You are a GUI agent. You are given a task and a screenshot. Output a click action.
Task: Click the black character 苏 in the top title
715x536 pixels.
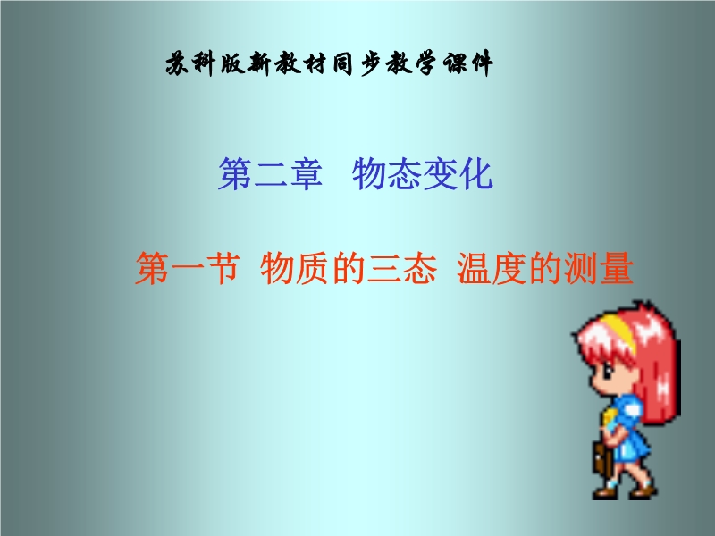(177, 63)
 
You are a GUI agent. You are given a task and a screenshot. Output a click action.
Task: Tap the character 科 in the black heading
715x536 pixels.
(204, 63)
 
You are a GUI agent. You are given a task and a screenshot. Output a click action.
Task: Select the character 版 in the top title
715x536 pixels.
(232, 63)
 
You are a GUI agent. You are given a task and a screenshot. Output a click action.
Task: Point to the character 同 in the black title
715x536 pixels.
(342, 63)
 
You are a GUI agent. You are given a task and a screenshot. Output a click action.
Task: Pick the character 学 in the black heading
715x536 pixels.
(426, 63)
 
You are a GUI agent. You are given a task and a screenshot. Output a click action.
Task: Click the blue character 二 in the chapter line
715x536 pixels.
(271, 173)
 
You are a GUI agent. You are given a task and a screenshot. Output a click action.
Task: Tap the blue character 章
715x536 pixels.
(306, 173)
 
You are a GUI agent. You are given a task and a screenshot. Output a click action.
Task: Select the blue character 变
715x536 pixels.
(441, 173)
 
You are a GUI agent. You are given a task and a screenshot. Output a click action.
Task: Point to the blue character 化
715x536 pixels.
(475, 173)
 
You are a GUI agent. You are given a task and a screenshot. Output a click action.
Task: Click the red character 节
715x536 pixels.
(223, 268)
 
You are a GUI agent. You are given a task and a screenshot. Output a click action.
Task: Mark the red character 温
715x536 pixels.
(475, 268)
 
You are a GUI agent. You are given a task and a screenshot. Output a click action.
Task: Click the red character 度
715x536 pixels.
(510, 268)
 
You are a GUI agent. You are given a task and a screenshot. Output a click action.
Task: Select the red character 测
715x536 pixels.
(582, 268)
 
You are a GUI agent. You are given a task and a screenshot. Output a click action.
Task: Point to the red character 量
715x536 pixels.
(617, 268)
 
